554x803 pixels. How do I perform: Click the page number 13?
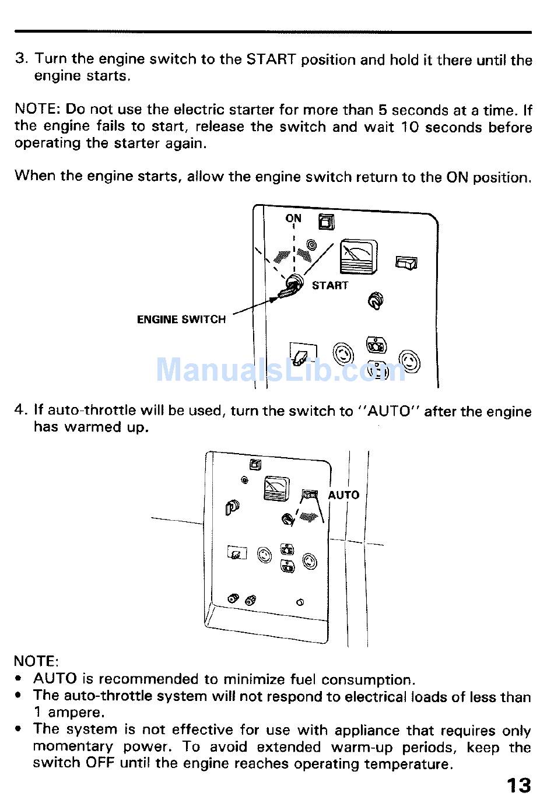point(518,785)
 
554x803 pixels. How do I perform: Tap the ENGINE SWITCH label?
point(181,320)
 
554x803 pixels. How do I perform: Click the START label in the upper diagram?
point(329,285)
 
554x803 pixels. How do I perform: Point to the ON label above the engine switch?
point(293,218)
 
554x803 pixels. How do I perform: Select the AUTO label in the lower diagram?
point(343,495)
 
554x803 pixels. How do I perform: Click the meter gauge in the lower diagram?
point(276,488)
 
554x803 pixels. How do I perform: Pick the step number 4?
point(20,410)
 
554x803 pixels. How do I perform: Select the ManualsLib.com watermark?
point(280,369)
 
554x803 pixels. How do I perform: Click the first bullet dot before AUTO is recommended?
point(20,679)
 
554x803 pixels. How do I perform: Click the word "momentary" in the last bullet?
point(73,747)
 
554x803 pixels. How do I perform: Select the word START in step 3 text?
point(271,59)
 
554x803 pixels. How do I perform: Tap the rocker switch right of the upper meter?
point(406,263)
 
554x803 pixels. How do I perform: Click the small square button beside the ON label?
point(326,222)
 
